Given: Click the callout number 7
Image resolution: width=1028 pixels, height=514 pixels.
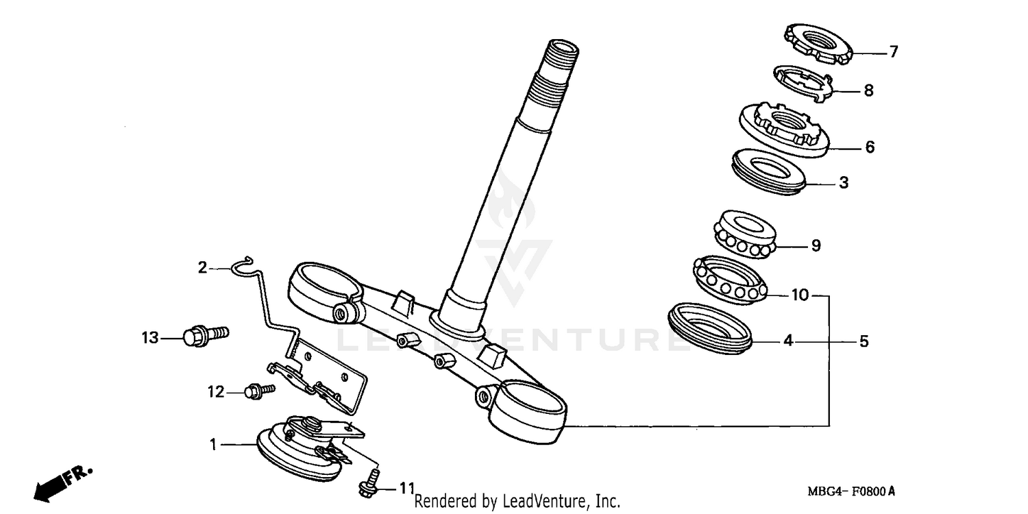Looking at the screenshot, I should pos(893,52).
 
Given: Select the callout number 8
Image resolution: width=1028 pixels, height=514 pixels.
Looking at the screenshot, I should pos(868,90).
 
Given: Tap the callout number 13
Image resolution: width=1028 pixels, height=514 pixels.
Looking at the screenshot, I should pos(150,338).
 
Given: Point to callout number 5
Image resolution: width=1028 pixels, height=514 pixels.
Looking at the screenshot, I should pos(864,341).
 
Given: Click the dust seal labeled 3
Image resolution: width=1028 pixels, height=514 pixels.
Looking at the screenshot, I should pos(768,171).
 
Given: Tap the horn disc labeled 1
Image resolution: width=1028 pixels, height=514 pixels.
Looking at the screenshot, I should pos(298,452).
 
